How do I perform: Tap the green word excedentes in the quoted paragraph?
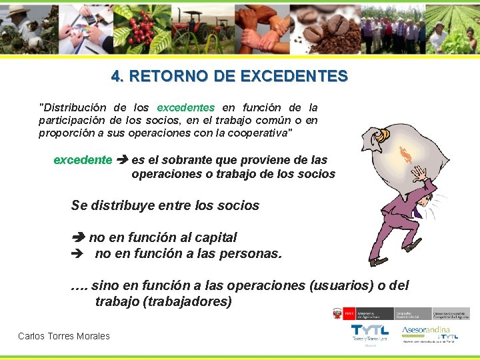[x=185, y=107]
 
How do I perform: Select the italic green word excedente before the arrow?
[x=83, y=160]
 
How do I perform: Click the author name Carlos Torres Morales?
[x=64, y=336]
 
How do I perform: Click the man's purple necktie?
[x=418, y=213]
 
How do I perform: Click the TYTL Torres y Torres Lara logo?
[x=370, y=333]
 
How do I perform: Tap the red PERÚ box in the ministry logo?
[x=337, y=313]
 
